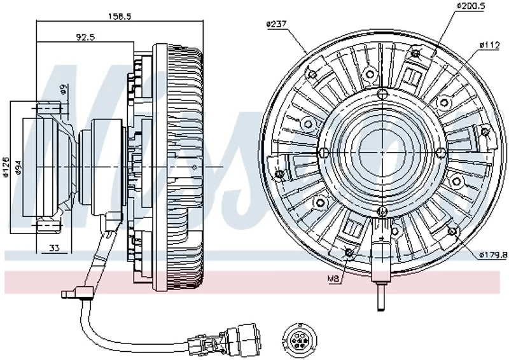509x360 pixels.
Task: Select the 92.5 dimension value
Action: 85,38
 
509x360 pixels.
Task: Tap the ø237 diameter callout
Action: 275,24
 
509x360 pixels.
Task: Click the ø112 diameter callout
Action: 489,45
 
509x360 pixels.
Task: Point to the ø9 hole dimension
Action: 64,89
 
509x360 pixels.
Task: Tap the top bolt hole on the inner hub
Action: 381,95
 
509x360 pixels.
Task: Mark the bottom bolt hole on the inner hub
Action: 381,211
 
